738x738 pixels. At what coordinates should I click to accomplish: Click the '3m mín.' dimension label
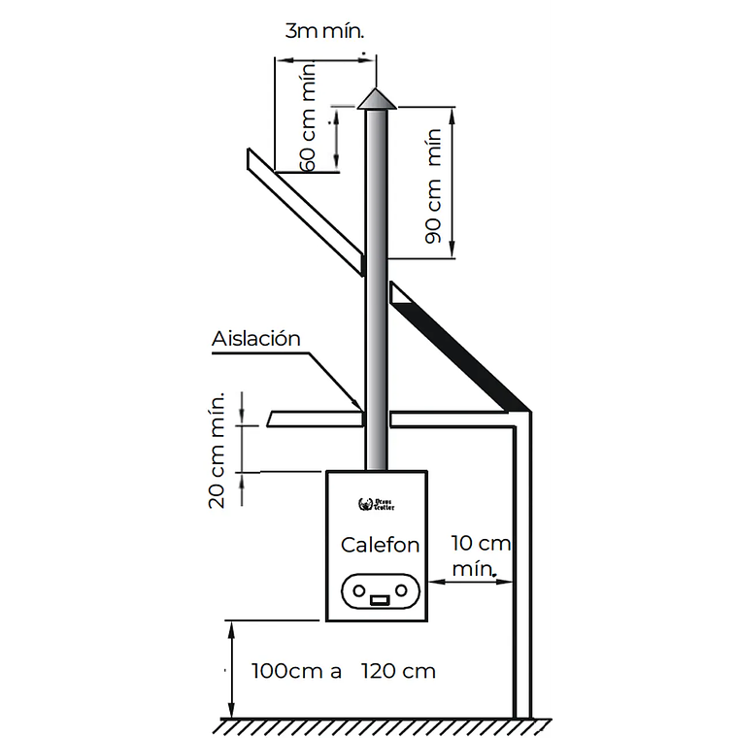pyautogui.click(x=324, y=31)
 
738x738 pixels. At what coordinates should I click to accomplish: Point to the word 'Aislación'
pyautogui.click(x=256, y=339)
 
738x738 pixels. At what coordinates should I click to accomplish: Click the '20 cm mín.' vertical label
pyautogui.click(x=218, y=449)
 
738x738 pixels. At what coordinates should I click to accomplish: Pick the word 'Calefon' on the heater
pyautogui.click(x=380, y=545)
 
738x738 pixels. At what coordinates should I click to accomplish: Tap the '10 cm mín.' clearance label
pyautogui.click(x=481, y=554)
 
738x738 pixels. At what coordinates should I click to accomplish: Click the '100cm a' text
pyautogui.click(x=296, y=671)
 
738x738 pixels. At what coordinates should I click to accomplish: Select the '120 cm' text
pyautogui.click(x=398, y=671)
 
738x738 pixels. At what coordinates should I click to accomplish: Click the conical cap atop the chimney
pyautogui.click(x=376, y=99)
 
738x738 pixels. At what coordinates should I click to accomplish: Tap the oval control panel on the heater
pyautogui.click(x=380, y=589)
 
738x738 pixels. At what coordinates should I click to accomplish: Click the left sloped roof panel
pyautogui.click(x=305, y=205)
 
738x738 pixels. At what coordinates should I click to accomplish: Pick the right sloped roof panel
pyautogui.click(x=456, y=345)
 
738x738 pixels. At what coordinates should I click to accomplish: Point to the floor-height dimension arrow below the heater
pyautogui.click(x=231, y=670)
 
